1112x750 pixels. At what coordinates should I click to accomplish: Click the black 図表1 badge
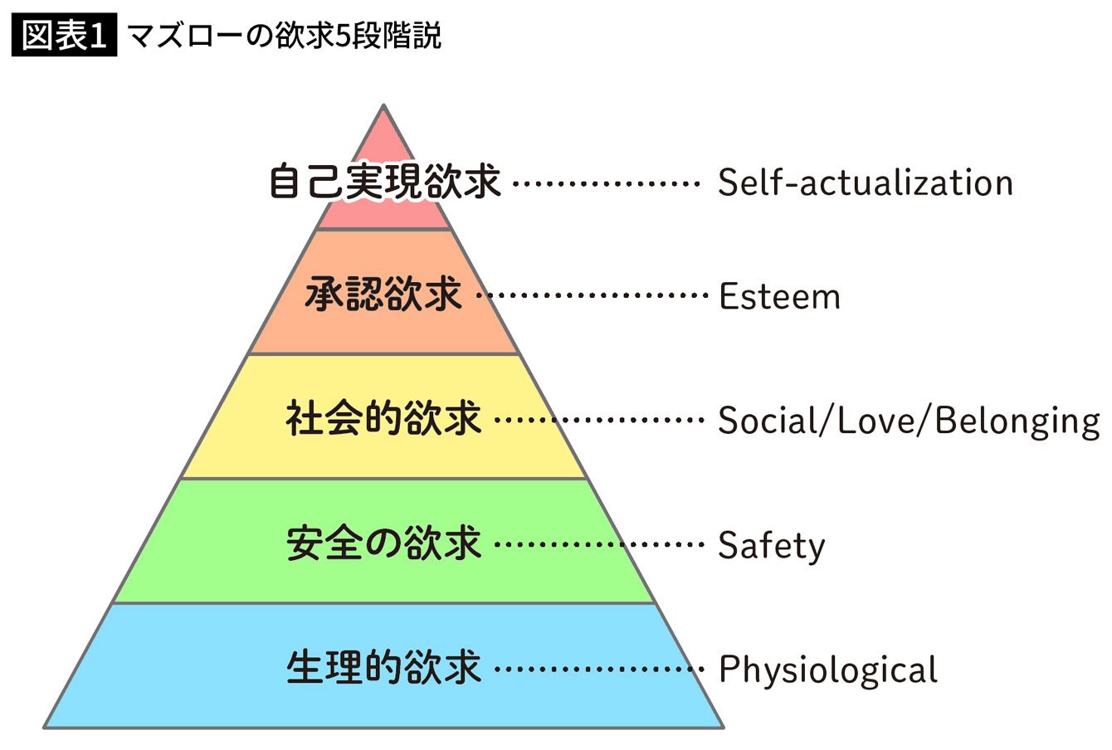65,35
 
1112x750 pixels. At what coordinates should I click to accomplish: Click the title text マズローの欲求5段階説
285,36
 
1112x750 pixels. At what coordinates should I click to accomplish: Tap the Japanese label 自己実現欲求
385,183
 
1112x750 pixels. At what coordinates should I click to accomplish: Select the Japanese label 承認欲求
383,295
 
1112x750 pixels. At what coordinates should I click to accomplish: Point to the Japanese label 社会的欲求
383,418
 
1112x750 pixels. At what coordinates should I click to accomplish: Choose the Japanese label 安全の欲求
383,543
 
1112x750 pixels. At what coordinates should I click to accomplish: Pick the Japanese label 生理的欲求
383,668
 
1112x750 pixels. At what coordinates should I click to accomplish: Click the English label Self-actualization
866,183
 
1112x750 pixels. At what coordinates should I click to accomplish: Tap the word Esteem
779,296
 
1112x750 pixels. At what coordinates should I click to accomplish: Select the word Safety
772,546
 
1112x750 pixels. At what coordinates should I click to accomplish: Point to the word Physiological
828,670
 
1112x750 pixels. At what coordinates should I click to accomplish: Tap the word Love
876,421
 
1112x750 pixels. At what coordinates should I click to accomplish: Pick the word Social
768,421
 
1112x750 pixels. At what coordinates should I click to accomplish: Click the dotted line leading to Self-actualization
606,183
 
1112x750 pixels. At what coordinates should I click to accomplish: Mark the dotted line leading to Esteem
592,295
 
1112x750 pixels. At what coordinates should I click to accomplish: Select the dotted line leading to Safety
599,544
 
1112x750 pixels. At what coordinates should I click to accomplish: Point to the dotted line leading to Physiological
599,669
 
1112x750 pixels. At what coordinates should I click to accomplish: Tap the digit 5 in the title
343,37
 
